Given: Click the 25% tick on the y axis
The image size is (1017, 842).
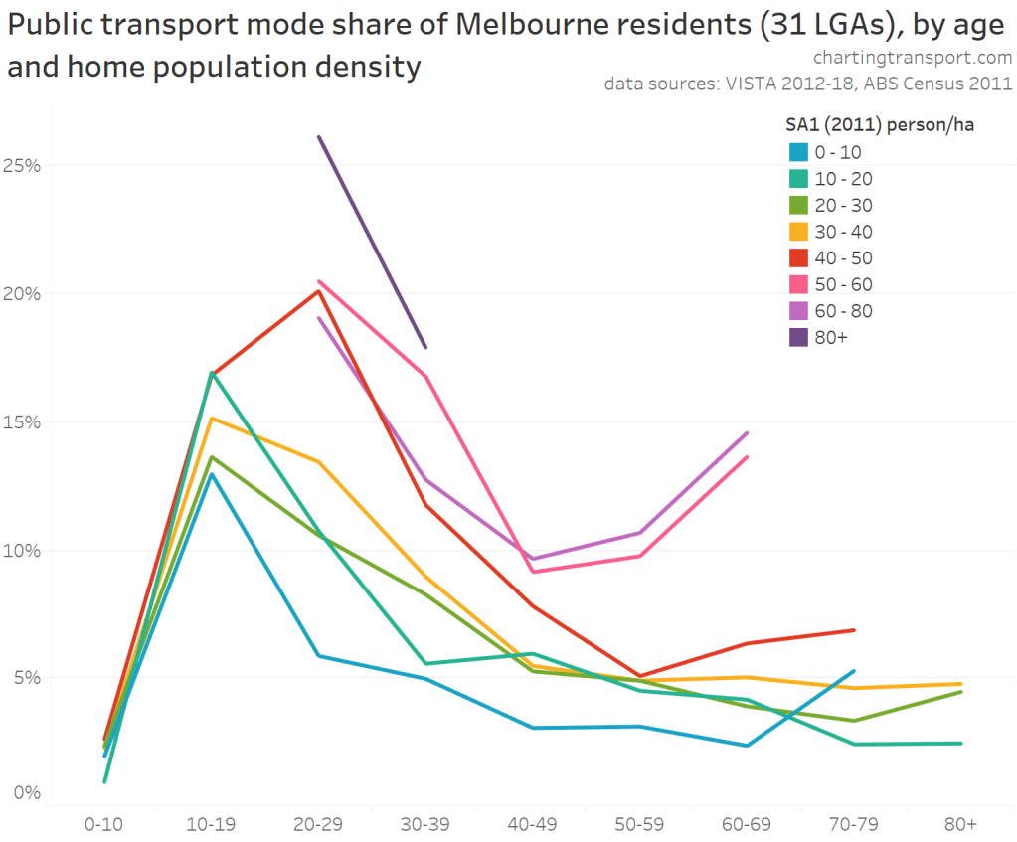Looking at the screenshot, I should (22, 165).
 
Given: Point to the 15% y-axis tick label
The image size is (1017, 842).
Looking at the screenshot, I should (22, 421).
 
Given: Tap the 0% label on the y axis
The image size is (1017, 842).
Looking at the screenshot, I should (27, 793).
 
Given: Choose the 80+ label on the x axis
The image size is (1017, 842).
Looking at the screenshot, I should (960, 824).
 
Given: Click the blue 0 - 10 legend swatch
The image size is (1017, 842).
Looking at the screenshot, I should (798, 152).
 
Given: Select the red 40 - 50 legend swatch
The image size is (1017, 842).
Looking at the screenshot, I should (798, 257).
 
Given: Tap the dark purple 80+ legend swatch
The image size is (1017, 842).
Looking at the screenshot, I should (798, 337).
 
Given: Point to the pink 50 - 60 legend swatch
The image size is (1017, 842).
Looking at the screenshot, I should (798, 284).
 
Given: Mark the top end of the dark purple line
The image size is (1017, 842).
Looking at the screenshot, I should (319, 137).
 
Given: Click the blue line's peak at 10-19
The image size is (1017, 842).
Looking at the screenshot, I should (212, 474).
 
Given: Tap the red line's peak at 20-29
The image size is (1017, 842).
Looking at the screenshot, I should (318, 290).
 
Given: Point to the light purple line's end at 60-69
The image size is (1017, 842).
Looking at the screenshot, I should (747, 433).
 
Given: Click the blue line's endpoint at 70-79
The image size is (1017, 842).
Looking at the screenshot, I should (854, 671).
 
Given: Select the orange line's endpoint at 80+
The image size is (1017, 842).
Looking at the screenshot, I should (960, 684).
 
